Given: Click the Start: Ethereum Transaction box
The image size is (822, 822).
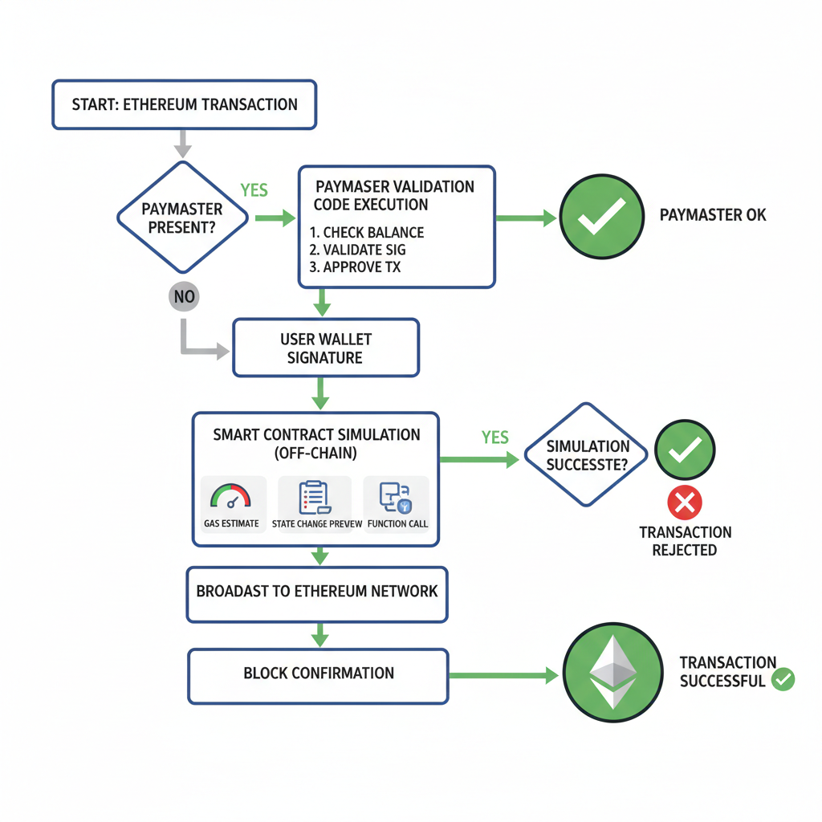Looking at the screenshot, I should [x=184, y=104].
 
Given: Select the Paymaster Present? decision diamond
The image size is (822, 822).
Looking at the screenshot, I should [x=182, y=218].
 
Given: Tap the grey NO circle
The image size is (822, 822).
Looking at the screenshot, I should [x=184, y=297].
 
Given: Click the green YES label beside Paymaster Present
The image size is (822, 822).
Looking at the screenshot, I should [x=254, y=190].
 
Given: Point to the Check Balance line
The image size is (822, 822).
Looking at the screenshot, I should [x=367, y=233].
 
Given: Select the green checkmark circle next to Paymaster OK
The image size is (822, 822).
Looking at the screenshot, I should [x=601, y=216].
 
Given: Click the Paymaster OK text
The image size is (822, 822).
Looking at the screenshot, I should [x=712, y=215].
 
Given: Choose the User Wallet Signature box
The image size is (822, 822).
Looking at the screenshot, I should [x=325, y=348].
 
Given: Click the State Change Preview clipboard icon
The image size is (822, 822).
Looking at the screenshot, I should [x=314, y=497].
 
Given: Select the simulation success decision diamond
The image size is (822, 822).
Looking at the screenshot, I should [x=588, y=455].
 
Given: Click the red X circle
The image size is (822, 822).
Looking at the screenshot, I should [x=684, y=503].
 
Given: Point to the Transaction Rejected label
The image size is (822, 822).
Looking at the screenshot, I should [x=685, y=541].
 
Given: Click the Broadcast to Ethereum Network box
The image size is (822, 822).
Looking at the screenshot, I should [x=317, y=592].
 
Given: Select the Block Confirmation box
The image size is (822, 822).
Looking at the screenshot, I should [x=318, y=673].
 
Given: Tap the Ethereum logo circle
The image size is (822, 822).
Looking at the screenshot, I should [x=613, y=673].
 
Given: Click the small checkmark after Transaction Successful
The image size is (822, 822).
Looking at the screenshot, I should [x=783, y=680].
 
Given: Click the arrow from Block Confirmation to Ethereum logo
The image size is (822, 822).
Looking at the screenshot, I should [x=502, y=675].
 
